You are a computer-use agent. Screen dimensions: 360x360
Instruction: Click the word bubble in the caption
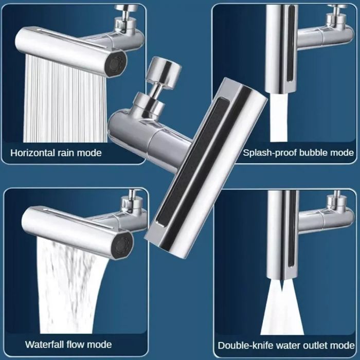tap(314, 153)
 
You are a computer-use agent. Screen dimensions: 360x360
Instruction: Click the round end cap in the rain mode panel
tap(114, 64)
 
